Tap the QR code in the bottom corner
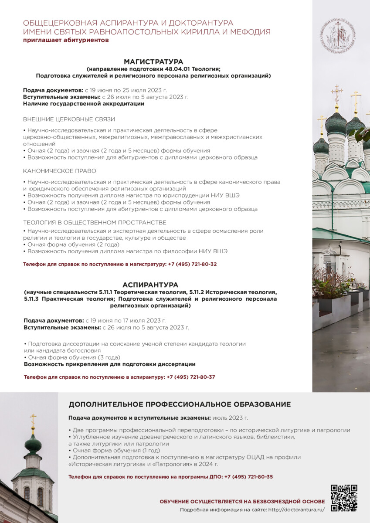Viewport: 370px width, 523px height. click(x=344, y=498)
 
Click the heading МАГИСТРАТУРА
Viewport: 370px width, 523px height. click(x=153, y=61)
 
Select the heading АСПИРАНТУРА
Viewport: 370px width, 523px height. click(x=150, y=285)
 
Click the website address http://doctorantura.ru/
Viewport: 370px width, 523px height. click(x=296, y=509)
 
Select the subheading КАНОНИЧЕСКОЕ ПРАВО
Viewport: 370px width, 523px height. click(x=60, y=171)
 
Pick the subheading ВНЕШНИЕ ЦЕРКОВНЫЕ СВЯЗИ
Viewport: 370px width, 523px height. click(x=69, y=119)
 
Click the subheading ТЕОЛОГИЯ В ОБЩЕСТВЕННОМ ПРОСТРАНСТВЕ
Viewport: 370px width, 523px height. click(x=95, y=222)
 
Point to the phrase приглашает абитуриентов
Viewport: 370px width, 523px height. click(x=66, y=40)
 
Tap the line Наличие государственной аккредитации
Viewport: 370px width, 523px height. click(x=84, y=104)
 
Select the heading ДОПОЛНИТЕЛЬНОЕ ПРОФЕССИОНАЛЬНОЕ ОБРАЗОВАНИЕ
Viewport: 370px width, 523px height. click(x=180, y=404)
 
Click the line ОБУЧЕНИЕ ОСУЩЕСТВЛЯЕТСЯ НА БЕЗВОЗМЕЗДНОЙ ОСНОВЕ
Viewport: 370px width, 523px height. click(x=242, y=502)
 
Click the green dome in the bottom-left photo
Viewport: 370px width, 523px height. click(x=33, y=445)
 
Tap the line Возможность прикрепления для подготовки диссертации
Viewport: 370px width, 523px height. click(x=109, y=364)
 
